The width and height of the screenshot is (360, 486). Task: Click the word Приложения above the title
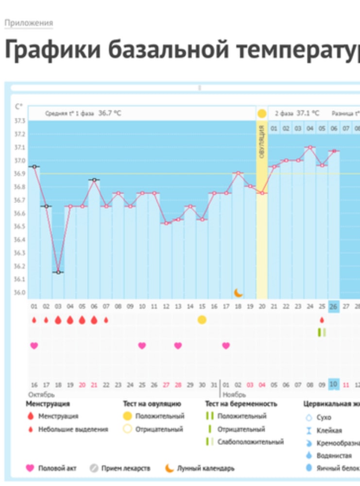(x=29, y=23)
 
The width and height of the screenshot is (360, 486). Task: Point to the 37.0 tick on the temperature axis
(x=20, y=160)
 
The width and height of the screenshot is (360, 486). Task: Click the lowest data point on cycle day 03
(x=58, y=272)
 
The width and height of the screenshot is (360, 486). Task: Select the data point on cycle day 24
(x=309, y=147)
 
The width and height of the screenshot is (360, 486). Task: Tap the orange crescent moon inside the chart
(x=238, y=293)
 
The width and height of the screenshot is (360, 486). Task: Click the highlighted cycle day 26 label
(x=333, y=307)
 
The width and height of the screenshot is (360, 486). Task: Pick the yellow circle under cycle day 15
(x=202, y=319)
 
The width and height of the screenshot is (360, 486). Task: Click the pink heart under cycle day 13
(x=178, y=346)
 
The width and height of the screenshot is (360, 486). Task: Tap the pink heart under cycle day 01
(x=34, y=346)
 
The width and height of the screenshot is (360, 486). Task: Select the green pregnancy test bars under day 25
(x=322, y=332)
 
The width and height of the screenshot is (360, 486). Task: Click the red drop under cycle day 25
(x=322, y=320)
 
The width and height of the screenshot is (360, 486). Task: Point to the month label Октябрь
(x=41, y=394)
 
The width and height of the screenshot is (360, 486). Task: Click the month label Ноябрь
(x=235, y=394)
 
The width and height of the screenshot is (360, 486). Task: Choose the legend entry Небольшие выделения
(x=73, y=429)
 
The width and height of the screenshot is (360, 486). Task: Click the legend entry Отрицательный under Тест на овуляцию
(x=159, y=429)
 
